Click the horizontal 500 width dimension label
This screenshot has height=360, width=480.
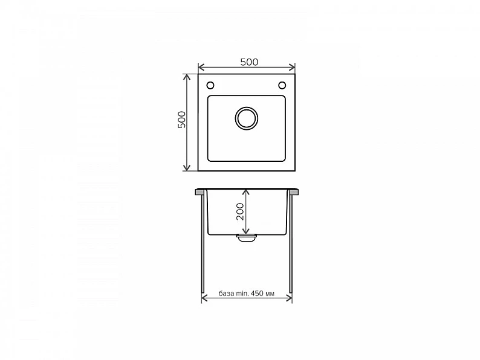pos(249,62)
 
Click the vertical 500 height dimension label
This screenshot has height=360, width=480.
pos(181,120)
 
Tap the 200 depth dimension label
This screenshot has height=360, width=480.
pos(240,211)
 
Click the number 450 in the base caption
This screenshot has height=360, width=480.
pos(257,294)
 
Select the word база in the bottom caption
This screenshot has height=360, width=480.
pos(227,294)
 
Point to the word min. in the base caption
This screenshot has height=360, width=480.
pos(242,294)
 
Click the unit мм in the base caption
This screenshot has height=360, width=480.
pos(270,294)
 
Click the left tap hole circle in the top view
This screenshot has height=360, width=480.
pos(210,85)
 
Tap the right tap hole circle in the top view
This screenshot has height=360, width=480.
pos(282,85)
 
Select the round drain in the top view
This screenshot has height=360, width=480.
pos(247,118)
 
